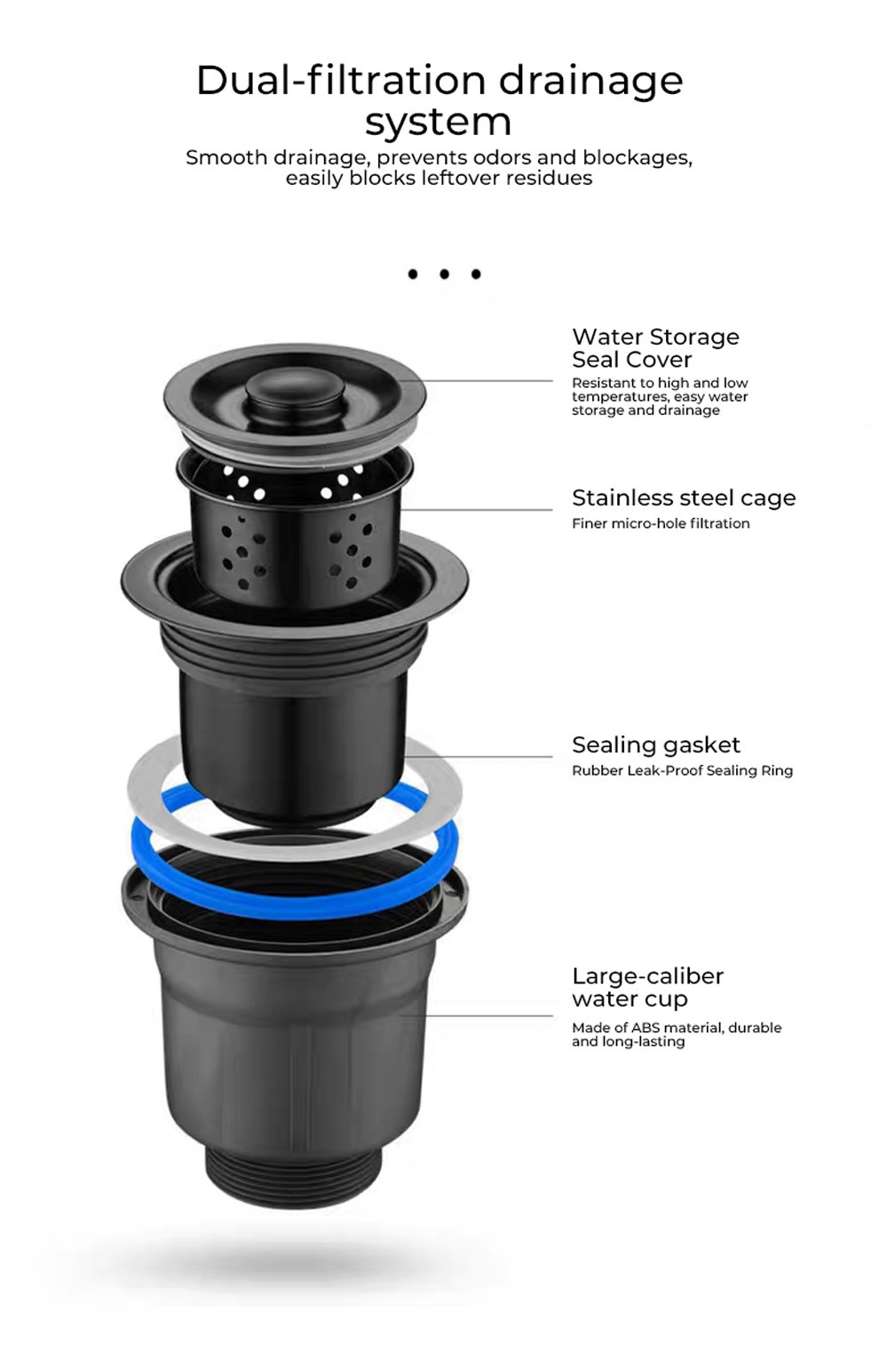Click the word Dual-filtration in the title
[341, 81]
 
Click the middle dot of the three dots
[444, 274]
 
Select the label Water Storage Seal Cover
[655, 348]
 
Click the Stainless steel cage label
[684, 497]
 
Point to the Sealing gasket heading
[656, 745]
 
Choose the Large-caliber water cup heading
[648, 987]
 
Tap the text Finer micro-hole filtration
[661, 523]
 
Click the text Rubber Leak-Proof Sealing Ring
[682, 770]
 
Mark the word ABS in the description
[645, 1028]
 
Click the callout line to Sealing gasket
[479, 757]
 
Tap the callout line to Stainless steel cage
[477, 509]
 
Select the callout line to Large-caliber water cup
[477, 1015]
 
